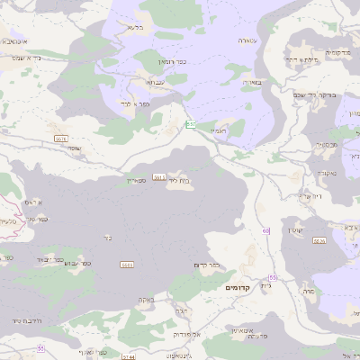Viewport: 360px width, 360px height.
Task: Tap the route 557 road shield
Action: tap(191, 124)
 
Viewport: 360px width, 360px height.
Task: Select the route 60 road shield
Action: tap(266, 231)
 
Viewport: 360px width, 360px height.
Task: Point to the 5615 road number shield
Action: tap(61, 138)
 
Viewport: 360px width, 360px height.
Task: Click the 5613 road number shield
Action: tap(157, 176)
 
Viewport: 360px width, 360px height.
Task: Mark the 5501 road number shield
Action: tap(127, 265)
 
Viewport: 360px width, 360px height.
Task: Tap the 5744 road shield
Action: tap(129, 356)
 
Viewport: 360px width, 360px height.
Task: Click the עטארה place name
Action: tap(249, 40)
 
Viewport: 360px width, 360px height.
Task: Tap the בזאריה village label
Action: tap(251, 82)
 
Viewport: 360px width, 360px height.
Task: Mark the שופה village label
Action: tap(74, 148)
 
